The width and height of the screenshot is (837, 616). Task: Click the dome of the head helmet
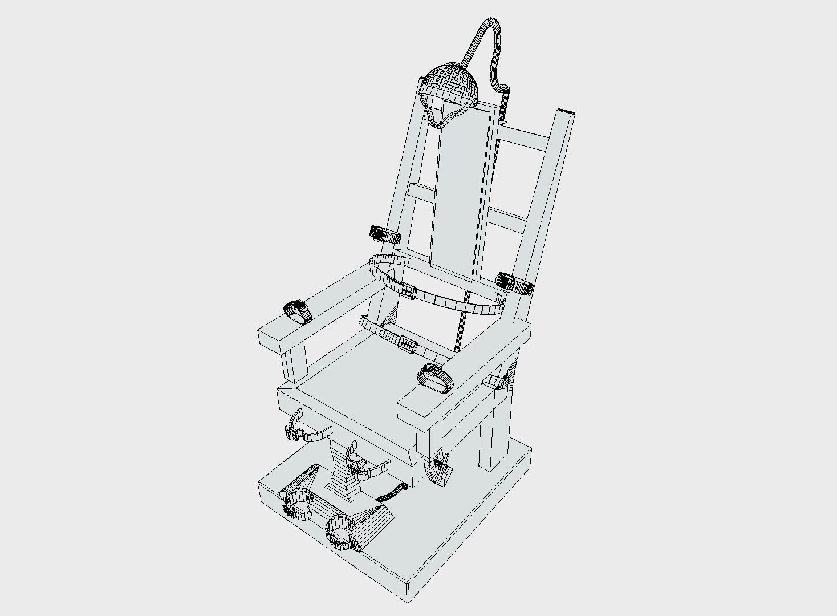450,83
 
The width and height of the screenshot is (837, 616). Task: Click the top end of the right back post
565,112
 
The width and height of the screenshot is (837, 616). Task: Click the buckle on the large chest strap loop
408,290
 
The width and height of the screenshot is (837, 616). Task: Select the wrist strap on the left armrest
298,312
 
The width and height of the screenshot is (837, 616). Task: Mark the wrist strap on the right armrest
434,378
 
